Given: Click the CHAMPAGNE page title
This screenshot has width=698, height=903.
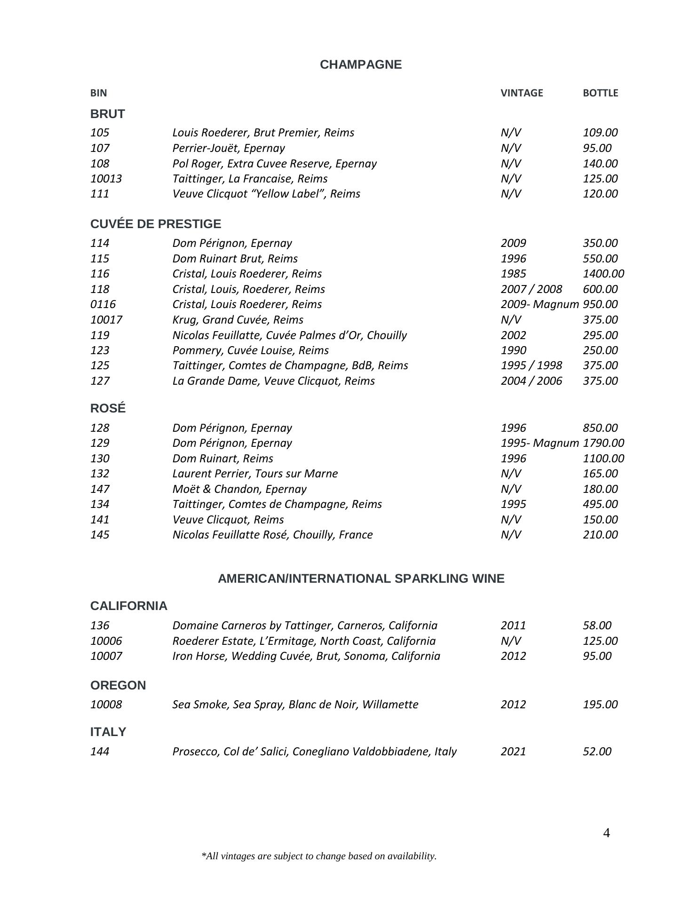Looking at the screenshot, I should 361,64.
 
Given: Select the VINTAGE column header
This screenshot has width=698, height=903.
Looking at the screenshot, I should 522,93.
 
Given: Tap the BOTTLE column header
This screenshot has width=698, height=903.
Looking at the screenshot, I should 600,93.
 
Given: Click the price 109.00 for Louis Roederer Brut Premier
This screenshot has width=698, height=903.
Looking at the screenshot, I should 600,133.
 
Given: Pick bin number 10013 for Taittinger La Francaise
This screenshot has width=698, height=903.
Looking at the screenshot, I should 106,179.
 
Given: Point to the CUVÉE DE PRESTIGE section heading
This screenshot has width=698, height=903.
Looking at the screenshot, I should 155,224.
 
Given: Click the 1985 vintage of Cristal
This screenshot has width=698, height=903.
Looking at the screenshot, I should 513,274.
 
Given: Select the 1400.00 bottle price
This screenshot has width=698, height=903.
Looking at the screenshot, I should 603,274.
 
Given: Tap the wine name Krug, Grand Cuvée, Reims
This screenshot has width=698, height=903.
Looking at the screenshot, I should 238,320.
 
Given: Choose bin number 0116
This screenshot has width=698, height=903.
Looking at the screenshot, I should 103,304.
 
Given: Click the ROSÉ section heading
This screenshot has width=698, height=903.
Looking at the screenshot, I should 108,408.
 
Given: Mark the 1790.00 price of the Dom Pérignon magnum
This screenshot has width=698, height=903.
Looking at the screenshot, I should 603,443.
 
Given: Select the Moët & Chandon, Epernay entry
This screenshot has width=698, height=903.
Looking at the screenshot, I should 239,489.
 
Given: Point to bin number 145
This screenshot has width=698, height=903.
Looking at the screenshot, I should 100,535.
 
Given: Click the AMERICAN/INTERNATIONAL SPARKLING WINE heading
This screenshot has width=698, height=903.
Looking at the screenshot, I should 361,578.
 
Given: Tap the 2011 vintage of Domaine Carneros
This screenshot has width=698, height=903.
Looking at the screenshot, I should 513,626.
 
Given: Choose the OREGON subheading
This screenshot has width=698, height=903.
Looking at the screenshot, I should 118,685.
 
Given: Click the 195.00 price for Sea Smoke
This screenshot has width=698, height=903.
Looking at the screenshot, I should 600,705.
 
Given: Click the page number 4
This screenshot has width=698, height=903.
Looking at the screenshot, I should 606,833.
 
